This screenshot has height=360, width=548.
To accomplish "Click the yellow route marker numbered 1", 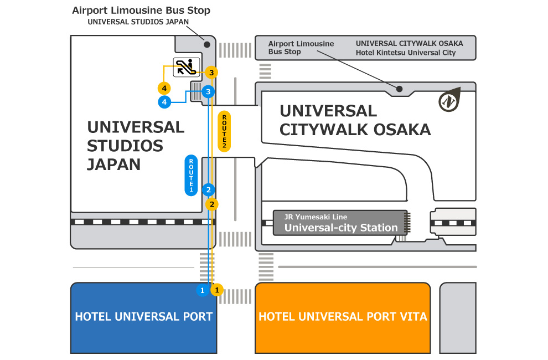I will [218, 290].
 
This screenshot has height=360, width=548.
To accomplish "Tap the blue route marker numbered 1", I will [203, 290].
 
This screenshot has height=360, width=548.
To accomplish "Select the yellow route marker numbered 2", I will [211, 204].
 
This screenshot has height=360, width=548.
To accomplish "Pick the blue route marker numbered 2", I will [208, 189].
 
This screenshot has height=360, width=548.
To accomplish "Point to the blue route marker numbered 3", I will [208, 91].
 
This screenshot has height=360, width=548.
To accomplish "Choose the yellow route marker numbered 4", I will [164, 88].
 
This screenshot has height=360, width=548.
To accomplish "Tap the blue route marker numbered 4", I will [164, 102].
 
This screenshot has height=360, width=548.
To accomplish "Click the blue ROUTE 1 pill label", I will [191, 175].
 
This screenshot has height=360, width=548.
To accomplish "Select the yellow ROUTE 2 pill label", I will [224, 131].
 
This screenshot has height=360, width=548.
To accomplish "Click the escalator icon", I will [186, 67].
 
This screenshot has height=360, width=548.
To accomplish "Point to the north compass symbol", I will [449, 100].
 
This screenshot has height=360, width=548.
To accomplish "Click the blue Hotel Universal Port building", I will [143, 317].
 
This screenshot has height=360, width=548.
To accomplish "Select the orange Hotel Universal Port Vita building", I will [343, 317].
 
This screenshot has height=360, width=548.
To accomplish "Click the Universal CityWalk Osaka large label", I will [355, 120].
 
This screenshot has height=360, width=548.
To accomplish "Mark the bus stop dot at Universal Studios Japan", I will [207, 44].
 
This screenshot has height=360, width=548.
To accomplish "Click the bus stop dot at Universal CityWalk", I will [399, 89].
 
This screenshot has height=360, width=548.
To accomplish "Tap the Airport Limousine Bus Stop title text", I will [141, 11].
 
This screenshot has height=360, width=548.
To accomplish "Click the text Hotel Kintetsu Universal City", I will [406, 53].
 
